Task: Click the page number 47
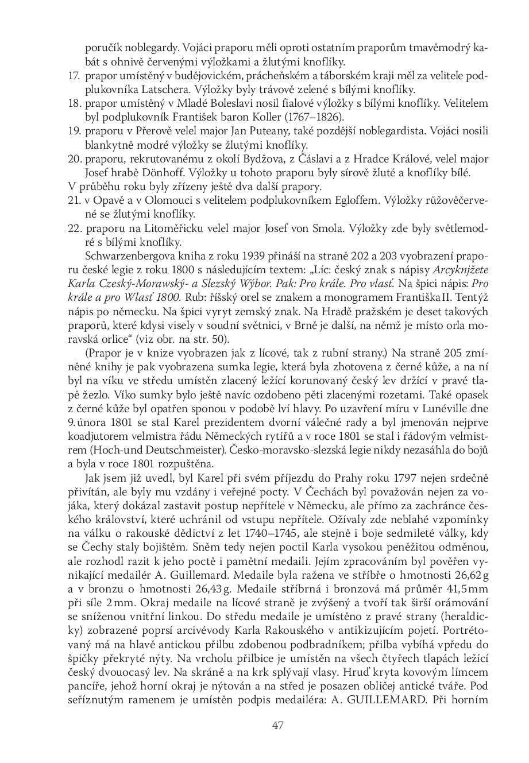tap(278, 725)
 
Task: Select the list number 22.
tap(74, 228)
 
